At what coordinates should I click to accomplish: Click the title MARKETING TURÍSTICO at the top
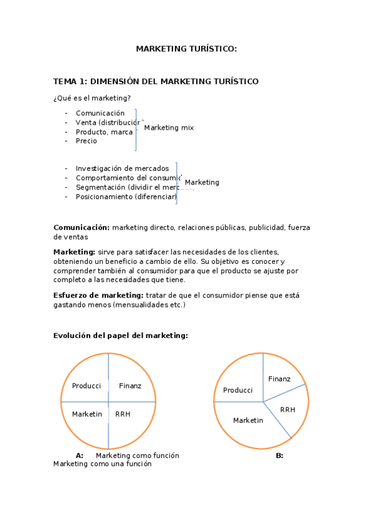[x=186, y=49]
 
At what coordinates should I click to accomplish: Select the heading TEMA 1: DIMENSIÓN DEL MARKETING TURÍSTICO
[x=156, y=82]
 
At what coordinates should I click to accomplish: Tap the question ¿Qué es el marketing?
[x=92, y=98]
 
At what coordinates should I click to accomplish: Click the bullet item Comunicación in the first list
[x=100, y=113]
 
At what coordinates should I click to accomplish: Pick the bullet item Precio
[x=87, y=141]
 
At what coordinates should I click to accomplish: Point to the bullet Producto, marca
[x=104, y=132]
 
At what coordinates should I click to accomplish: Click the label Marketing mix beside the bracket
[x=169, y=128]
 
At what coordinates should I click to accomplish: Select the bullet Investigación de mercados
[x=122, y=168]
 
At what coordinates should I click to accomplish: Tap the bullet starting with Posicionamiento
[x=126, y=197]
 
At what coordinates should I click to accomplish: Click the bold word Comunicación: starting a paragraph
[x=82, y=228]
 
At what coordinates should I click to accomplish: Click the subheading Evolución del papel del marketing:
[x=120, y=336]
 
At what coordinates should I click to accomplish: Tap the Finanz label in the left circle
[x=130, y=386]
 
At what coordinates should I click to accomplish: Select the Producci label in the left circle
[x=87, y=386]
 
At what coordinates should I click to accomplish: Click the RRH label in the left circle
[x=123, y=414]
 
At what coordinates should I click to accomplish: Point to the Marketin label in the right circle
[x=248, y=420]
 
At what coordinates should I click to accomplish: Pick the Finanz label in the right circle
[x=280, y=379]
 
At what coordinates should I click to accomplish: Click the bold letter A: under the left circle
[x=79, y=455]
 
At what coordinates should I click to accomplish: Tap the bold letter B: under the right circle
[x=280, y=455]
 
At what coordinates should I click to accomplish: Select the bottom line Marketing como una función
[x=102, y=464]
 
